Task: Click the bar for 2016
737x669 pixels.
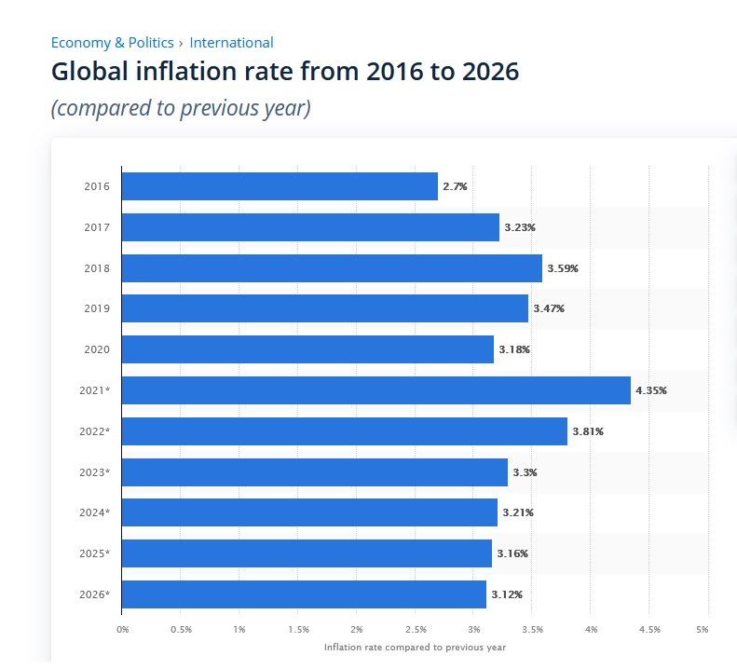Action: (x=280, y=186)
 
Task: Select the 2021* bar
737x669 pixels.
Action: (x=375, y=390)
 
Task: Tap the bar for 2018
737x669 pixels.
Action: (x=332, y=268)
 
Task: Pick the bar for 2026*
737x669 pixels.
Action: (x=304, y=594)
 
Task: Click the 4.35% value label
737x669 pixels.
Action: (x=651, y=390)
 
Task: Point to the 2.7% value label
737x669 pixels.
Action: (x=455, y=186)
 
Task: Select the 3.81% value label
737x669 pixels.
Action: (x=588, y=431)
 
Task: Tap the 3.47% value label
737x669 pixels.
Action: (x=549, y=308)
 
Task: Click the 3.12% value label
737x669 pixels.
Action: (x=507, y=594)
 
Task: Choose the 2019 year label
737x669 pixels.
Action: (x=97, y=308)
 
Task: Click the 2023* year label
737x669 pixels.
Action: (x=95, y=472)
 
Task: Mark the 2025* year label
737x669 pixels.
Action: (x=95, y=553)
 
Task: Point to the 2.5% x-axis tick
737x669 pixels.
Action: (x=416, y=629)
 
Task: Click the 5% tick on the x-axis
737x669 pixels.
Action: (x=703, y=629)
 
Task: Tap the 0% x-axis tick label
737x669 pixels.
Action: (x=122, y=629)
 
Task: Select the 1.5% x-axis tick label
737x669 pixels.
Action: (x=298, y=629)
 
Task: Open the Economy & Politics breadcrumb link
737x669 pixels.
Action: (x=112, y=42)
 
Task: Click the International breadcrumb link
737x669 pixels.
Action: (x=231, y=42)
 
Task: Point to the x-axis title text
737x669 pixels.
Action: (x=415, y=647)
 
